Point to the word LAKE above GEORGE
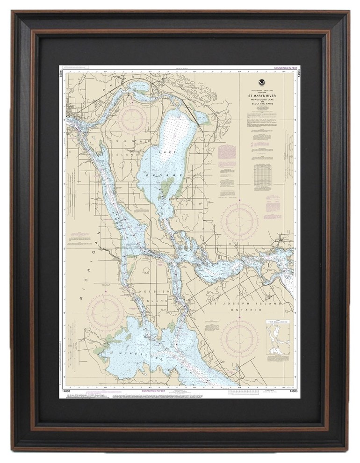164,152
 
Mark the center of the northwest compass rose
131,120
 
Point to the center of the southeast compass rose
239,338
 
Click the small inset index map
278,338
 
